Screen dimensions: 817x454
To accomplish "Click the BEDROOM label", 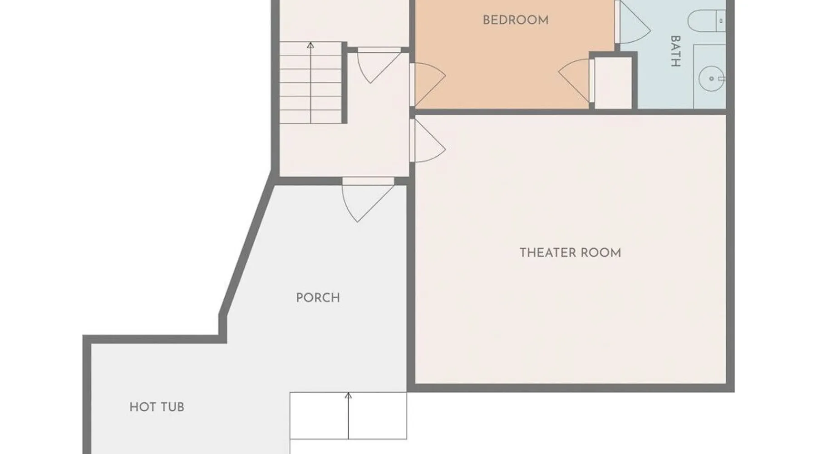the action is click(x=515, y=20).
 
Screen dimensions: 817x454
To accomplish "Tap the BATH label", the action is click(x=675, y=51).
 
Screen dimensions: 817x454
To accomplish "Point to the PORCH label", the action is click(x=318, y=298).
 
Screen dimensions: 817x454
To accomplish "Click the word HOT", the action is click(x=143, y=407).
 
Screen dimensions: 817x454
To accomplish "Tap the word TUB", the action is click(x=172, y=407).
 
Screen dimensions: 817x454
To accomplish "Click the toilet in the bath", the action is click(x=706, y=21).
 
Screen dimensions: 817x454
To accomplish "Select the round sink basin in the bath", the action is click(x=711, y=79).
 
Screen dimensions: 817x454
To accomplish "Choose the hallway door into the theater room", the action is click(x=427, y=140).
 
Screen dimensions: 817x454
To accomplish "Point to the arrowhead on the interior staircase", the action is click(x=310, y=45).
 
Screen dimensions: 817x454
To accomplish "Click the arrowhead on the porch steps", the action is click(x=348, y=396).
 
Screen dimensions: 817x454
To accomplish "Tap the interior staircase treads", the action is click(x=310, y=83).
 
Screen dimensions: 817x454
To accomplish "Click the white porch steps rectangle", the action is click(x=348, y=416).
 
